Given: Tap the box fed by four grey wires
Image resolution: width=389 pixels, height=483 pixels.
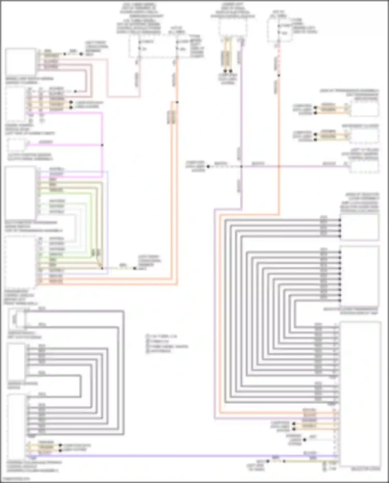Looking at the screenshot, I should (x=359, y=227).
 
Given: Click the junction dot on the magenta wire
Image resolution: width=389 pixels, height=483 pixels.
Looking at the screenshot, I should (x=102, y=145).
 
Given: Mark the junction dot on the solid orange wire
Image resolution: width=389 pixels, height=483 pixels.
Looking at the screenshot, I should (x=177, y=102).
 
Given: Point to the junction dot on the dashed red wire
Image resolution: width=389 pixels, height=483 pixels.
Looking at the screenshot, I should (x=279, y=75).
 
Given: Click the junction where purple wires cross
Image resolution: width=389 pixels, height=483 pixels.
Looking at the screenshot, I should (x=241, y=166).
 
